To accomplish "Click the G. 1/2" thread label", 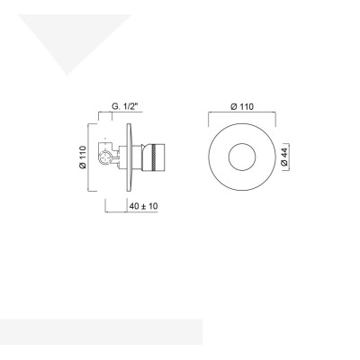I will point(126,107).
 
